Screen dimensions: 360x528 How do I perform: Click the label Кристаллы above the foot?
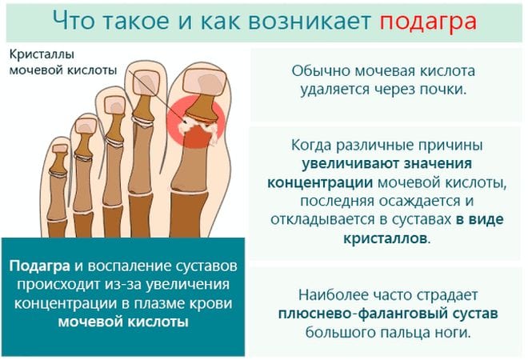pyautogui.click(x=45, y=54)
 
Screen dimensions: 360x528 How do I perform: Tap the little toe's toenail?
pyautogui.click(x=58, y=147)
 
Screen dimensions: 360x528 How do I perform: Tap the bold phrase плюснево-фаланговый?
pyautogui.click(x=346, y=311)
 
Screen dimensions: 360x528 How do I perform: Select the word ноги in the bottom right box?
pyautogui.click(x=446, y=330)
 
